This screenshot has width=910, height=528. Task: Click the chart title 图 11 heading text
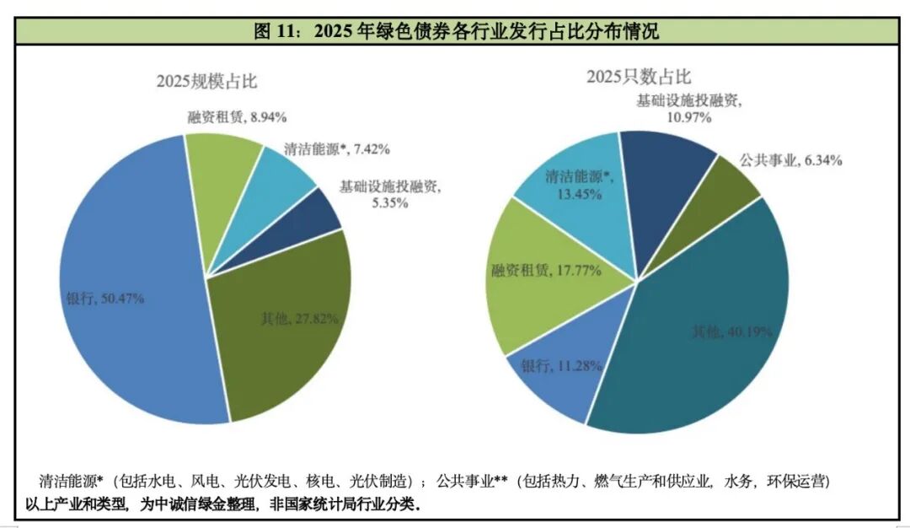point(456,32)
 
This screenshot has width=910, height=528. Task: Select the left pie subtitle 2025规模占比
point(206,82)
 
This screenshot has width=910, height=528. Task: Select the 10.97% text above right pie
point(688,116)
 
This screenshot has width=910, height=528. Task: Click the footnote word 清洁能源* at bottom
point(71,482)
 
